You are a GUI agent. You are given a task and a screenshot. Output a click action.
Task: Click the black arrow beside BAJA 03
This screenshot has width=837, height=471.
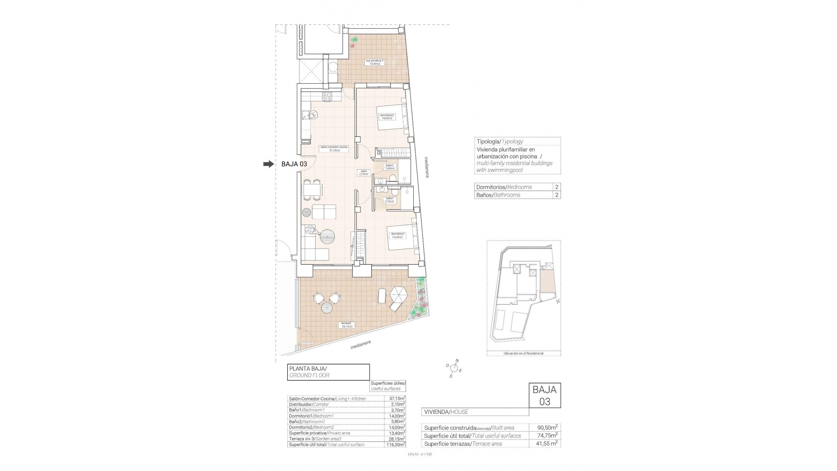(268, 164)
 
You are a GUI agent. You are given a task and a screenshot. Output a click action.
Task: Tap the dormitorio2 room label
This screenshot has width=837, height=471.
(387, 116)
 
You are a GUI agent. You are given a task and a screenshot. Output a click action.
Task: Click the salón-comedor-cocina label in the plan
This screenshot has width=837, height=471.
(334, 149)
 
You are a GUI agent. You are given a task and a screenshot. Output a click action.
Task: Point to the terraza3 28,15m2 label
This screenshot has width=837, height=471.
(347, 325)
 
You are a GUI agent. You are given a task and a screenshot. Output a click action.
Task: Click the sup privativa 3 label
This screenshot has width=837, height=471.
(375, 62)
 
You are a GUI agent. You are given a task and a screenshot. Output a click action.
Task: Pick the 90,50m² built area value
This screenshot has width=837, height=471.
(545, 428)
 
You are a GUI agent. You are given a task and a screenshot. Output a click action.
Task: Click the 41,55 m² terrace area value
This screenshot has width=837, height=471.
(545, 444)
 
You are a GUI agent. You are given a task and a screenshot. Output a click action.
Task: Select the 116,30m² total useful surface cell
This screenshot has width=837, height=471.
(395, 444)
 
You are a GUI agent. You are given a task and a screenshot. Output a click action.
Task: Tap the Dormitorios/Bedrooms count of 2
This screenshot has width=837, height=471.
(556, 187)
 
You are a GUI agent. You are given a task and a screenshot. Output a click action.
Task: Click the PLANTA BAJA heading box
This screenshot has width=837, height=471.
(328, 372)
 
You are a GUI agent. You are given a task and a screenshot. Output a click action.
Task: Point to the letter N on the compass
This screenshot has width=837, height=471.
(457, 361)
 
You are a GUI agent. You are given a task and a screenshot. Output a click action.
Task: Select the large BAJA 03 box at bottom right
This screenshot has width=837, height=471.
(544, 396)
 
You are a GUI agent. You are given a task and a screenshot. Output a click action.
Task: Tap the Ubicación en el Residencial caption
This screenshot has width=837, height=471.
(523, 353)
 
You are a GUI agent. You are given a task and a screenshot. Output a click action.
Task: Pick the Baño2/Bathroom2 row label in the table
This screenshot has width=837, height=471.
(307, 422)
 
